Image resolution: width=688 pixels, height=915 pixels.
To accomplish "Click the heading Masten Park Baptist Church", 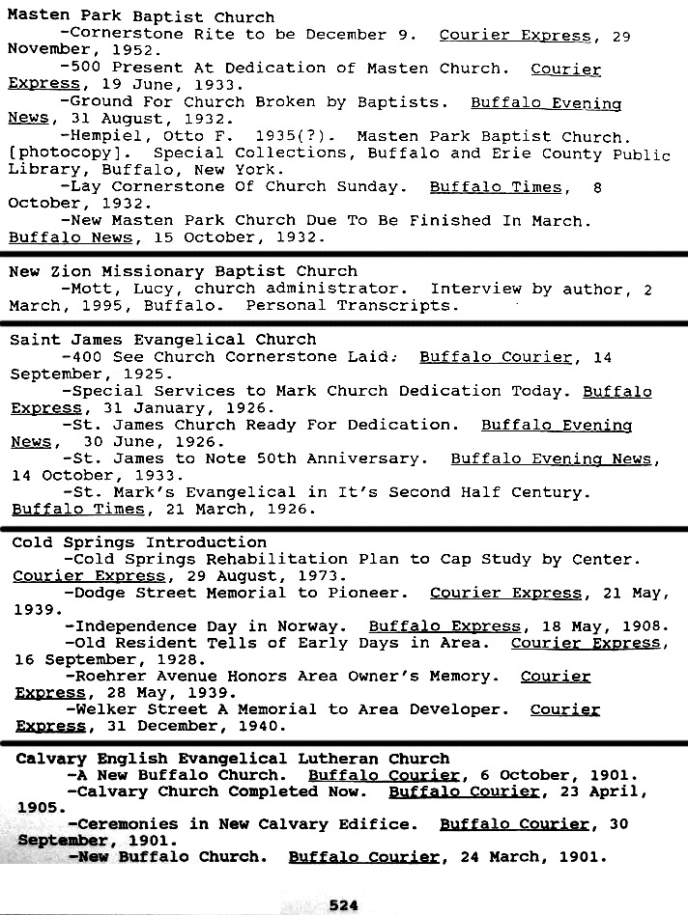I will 141,16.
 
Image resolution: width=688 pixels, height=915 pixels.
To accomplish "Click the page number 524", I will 343,904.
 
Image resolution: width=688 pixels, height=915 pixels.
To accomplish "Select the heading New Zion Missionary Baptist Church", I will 183,271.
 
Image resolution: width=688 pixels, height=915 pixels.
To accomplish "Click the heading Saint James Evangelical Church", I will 162,340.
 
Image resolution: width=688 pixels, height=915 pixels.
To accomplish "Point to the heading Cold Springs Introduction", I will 139,542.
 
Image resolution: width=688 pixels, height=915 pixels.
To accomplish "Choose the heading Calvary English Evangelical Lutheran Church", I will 233,759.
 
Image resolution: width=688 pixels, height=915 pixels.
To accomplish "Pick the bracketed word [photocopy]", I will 55,153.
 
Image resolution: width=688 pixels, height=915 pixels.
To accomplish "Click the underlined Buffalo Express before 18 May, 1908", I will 430,626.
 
